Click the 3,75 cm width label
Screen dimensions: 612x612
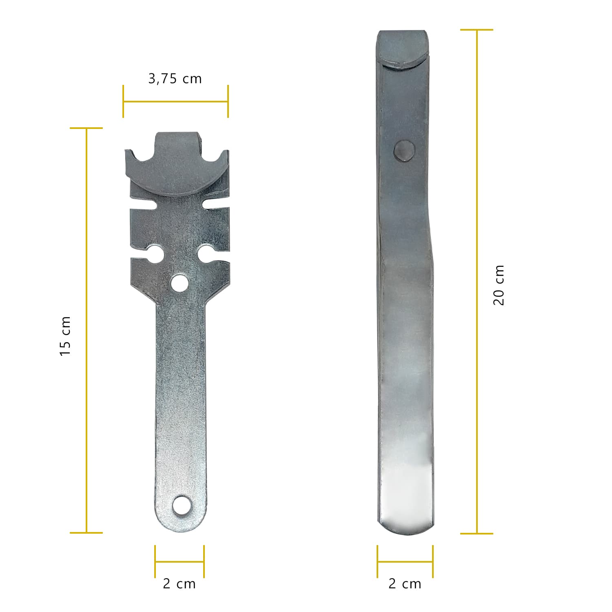pos(175,78)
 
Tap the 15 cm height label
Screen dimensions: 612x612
pos(65,336)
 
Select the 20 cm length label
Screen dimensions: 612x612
pos(499,285)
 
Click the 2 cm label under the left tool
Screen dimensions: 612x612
pos(179,584)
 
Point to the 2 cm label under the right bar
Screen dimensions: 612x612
pos(405,584)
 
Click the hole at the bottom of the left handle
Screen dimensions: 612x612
pos(181,506)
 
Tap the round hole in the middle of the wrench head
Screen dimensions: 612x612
pos(179,283)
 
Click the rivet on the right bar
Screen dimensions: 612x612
pos(404,151)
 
